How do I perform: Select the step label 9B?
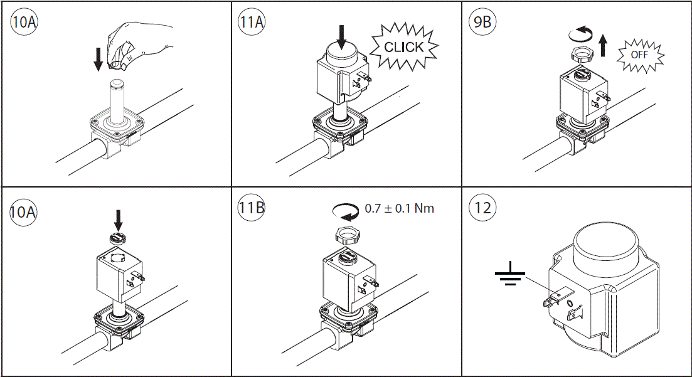pyautogui.click(x=482, y=23)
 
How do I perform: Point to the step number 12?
pyautogui.click(x=482, y=208)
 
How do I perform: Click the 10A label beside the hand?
pyautogui.click(x=24, y=23)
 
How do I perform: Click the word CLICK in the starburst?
pyautogui.click(x=403, y=47)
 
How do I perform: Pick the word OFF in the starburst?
pyautogui.click(x=639, y=55)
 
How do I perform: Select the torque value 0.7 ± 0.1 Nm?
pyautogui.click(x=399, y=208)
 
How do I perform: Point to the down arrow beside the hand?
pyautogui.click(x=98, y=59)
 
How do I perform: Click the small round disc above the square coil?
pyautogui.click(x=117, y=237)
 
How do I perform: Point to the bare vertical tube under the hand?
pyautogui.click(x=115, y=100)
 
